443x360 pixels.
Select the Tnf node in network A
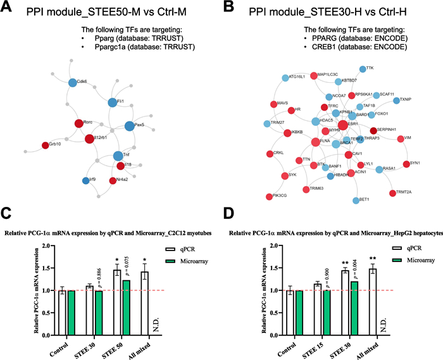point(117,155)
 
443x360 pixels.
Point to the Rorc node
point(78,123)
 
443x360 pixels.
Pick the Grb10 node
point(45,145)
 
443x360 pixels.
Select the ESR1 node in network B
point(342,124)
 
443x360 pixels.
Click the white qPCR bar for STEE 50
point(117,292)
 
